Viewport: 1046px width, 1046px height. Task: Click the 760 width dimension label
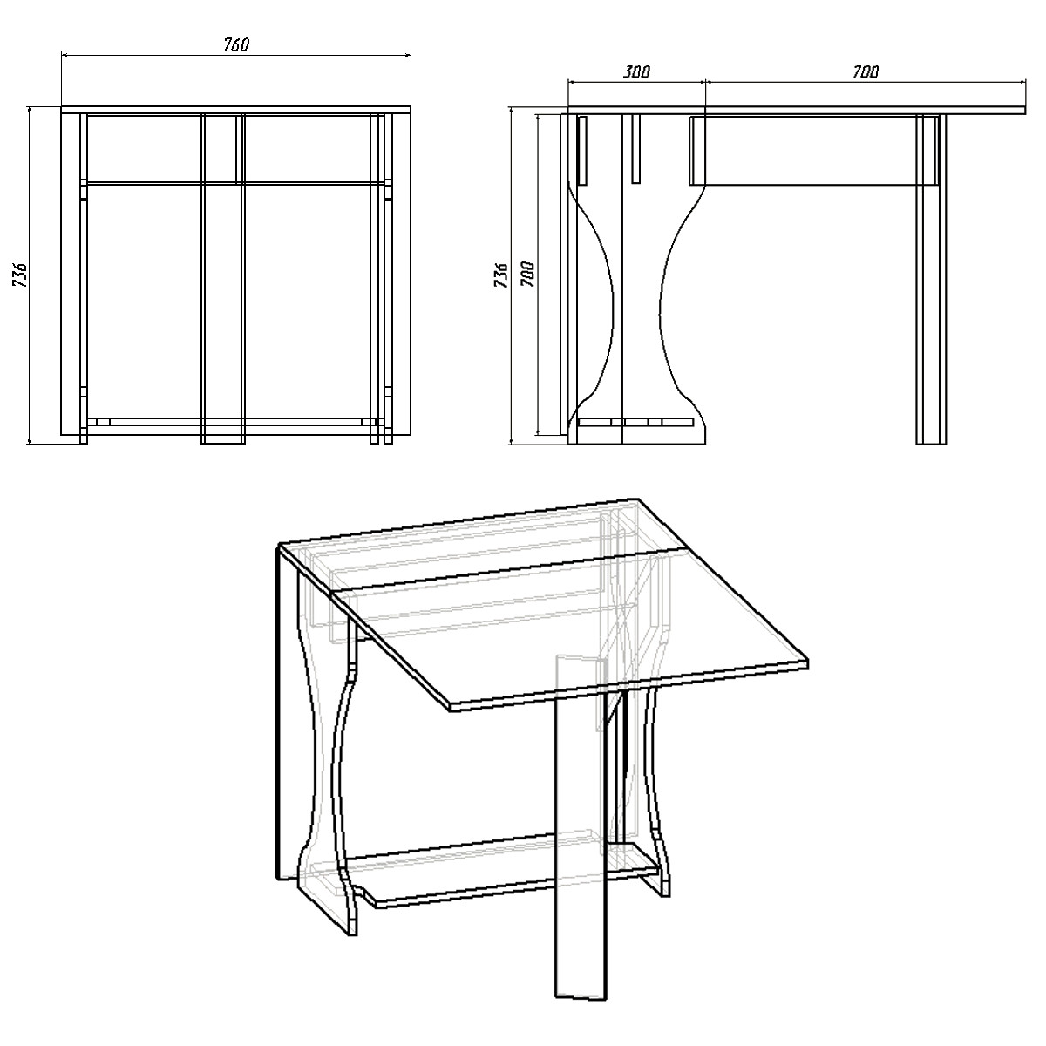(x=236, y=44)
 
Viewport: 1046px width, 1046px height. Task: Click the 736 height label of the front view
(x=20, y=275)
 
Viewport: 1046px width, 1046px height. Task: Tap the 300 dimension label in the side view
(x=636, y=71)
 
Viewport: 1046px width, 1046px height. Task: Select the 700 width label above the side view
(x=866, y=71)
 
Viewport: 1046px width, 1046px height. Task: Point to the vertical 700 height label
(x=527, y=275)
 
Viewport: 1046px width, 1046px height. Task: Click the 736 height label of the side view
(x=502, y=275)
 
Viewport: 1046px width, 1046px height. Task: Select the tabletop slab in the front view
(x=236, y=110)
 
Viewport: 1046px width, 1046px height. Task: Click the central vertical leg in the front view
(x=223, y=278)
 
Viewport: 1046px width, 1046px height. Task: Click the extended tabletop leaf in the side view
(x=866, y=111)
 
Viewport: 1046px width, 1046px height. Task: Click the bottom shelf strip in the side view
(x=636, y=422)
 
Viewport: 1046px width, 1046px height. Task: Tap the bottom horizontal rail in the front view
(x=236, y=430)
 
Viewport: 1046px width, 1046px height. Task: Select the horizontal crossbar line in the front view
(x=236, y=183)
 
